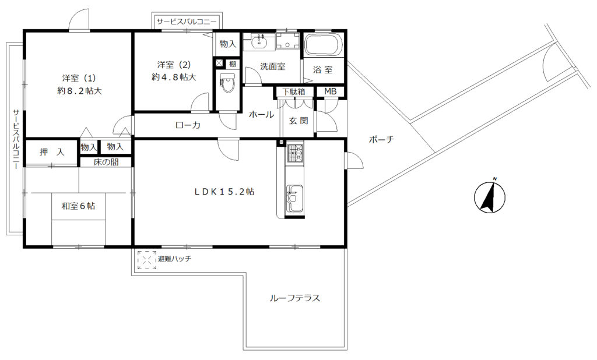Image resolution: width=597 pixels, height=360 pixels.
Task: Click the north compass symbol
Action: pyautogui.click(x=490, y=197)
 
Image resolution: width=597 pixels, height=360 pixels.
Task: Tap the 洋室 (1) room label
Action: pyautogui.click(x=79, y=79)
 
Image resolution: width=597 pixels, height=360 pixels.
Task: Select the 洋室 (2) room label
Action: pyautogui.click(x=174, y=65)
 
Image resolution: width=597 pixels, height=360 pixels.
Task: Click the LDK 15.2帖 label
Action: pyautogui.click(x=224, y=192)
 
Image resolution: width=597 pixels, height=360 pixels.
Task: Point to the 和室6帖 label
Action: pyautogui.click(x=79, y=206)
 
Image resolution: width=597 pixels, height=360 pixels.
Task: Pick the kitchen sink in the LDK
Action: pyautogui.click(x=294, y=198)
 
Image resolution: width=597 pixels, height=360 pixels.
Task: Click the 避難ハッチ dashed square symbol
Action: pyautogui.click(x=147, y=260)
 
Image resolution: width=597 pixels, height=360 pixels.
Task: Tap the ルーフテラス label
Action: pyautogui.click(x=294, y=298)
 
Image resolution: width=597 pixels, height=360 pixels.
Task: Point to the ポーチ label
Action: pyautogui.click(x=381, y=140)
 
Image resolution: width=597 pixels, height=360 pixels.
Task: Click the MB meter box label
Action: pyautogui.click(x=330, y=91)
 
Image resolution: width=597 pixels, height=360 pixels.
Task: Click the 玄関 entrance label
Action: pyautogui.click(x=298, y=121)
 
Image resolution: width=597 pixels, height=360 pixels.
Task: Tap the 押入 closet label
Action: pyautogui.click(x=52, y=152)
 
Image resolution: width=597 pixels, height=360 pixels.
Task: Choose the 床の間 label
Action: pyautogui.click(x=106, y=162)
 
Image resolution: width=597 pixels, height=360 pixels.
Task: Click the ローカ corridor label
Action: pyautogui.click(x=188, y=125)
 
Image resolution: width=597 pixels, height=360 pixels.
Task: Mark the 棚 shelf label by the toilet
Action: pyautogui.click(x=232, y=64)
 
